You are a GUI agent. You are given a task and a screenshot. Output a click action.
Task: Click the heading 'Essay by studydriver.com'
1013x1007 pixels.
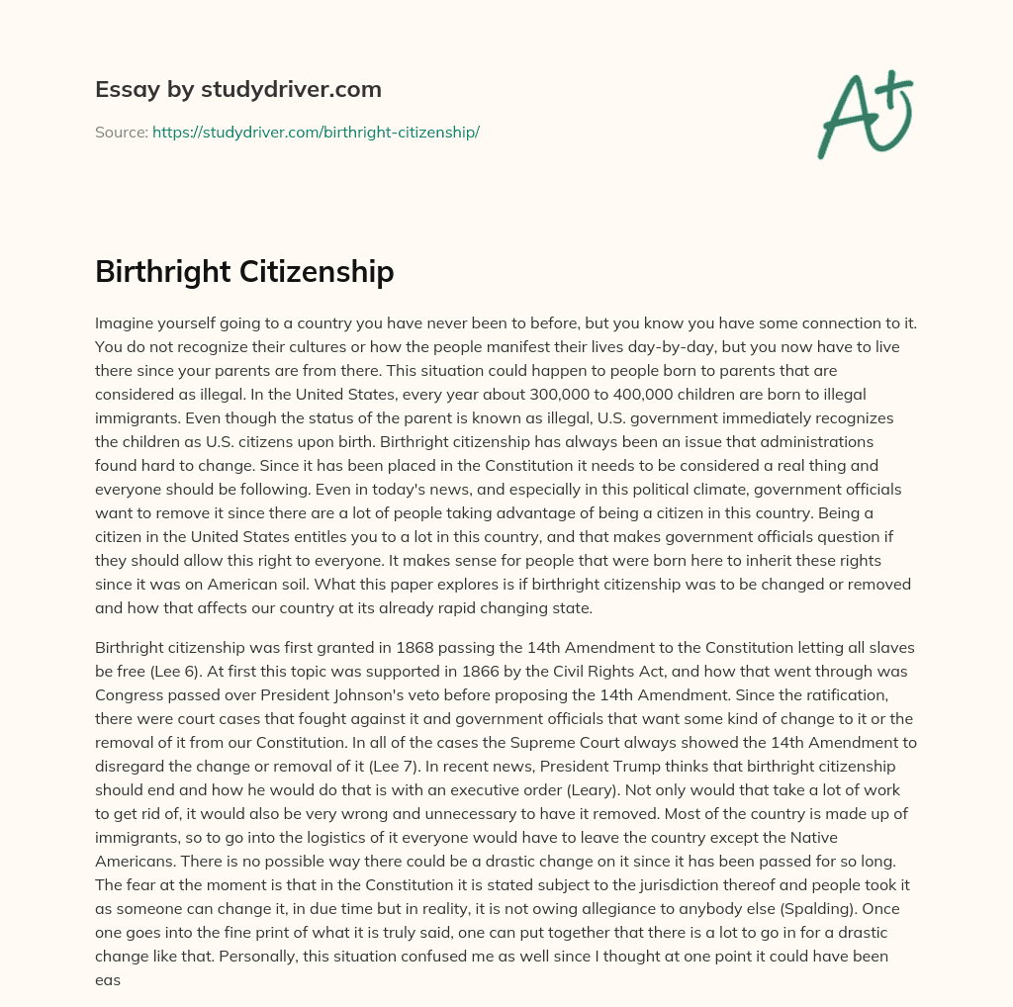[237, 89]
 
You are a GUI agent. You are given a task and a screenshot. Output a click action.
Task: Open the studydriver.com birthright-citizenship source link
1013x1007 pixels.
[316, 132]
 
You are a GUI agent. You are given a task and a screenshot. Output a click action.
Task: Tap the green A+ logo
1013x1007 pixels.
[865, 114]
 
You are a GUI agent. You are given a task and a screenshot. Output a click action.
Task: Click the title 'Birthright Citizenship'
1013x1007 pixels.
[244, 272]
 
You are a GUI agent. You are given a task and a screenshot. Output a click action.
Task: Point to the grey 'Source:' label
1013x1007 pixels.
[121, 132]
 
